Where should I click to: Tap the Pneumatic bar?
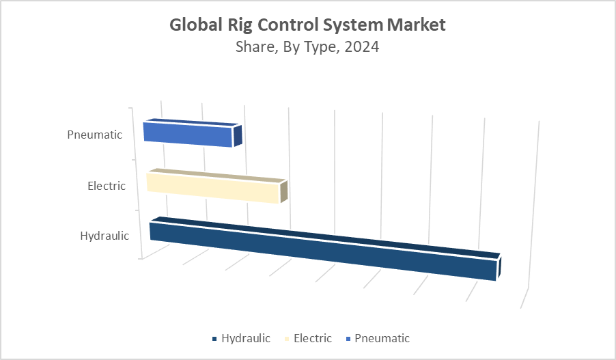pyautogui.click(x=188, y=135)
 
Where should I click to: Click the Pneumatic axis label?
pyautogui.click(x=95, y=135)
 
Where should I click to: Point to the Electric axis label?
pyautogui.click(x=107, y=185)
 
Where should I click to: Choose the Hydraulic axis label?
pyautogui.click(x=104, y=236)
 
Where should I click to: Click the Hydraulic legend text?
pyautogui.click(x=246, y=338)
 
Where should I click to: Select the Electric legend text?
pyautogui.click(x=313, y=338)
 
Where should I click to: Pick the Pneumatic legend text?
pyautogui.click(x=382, y=338)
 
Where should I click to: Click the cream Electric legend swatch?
pyautogui.click(x=287, y=339)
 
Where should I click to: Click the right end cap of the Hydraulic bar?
pyautogui.click(x=500, y=267)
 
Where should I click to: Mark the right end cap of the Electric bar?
pyautogui.click(x=283, y=191)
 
